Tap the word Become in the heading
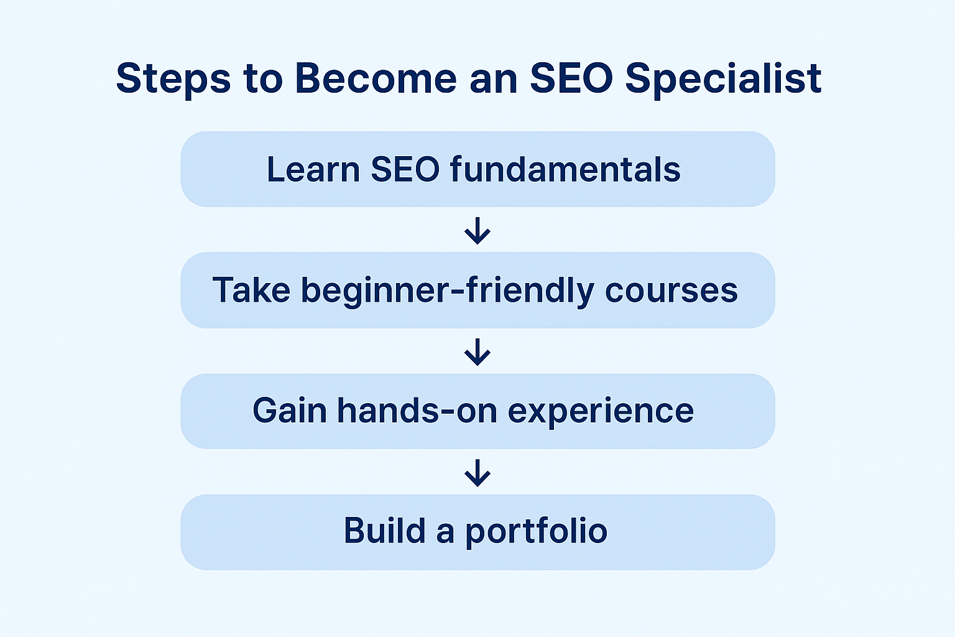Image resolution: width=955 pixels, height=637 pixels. point(376,79)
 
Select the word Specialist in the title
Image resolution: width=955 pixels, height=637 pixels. point(723,79)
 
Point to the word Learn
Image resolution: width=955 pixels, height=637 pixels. point(313,169)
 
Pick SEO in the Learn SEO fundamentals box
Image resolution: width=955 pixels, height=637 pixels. point(405,169)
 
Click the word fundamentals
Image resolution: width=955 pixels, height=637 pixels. point(565,169)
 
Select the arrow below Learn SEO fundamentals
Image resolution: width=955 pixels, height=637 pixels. point(477,230)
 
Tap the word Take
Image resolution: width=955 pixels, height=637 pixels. point(251,290)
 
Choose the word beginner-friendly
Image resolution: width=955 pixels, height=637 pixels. point(448,291)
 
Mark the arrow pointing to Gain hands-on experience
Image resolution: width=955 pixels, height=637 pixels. point(477,351)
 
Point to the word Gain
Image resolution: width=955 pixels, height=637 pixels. point(289,411)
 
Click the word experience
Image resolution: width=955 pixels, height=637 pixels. point(601,412)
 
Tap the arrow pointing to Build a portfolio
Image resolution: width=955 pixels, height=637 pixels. point(477,473)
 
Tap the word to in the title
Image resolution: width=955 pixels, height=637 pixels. point(262,79)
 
